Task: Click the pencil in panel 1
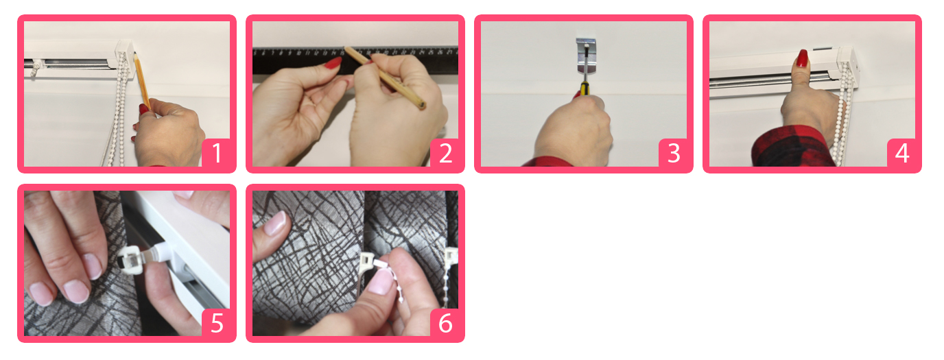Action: point(142,80)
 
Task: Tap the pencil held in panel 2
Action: point(383,78)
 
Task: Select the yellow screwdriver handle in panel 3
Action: point(584,90)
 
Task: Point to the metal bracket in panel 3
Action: point(586,56)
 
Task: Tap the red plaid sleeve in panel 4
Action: point(792,147)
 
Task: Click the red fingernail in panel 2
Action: point(333,63)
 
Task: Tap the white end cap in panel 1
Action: point(125,59)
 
